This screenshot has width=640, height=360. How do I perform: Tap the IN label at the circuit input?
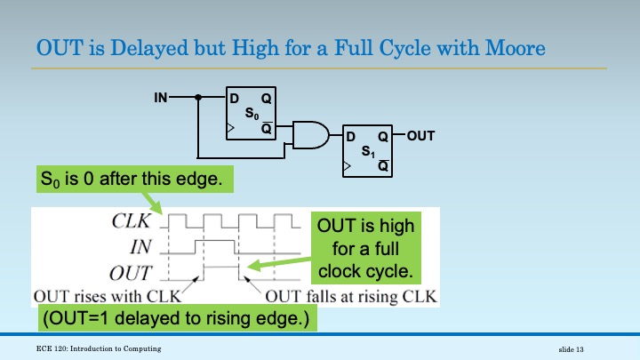click(160, 97)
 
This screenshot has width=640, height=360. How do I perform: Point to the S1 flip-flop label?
click(368, 152)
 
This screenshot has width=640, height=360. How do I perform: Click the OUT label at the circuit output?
click(420, 137)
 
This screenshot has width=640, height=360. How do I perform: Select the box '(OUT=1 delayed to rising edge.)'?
click(172, 317)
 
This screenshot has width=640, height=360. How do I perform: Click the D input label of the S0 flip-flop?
click(234, 98)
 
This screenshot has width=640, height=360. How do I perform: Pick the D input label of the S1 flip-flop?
click(350, 137)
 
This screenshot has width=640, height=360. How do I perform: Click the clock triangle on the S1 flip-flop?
click(347, 166)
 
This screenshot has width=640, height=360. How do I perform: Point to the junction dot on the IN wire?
click(198, 97)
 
